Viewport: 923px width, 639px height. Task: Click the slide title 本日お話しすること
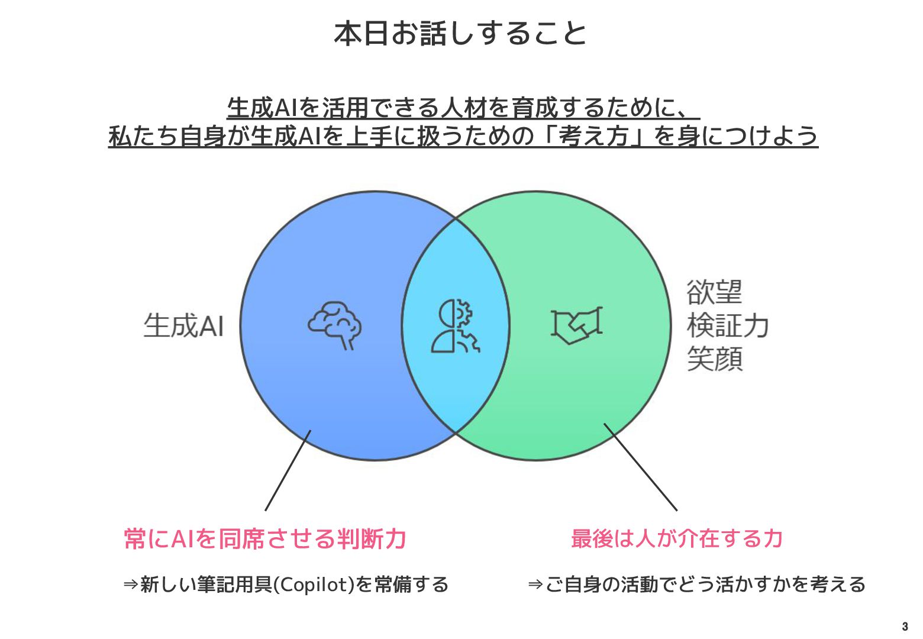tap(460, 34)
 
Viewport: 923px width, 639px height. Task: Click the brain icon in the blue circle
tap(335, 325)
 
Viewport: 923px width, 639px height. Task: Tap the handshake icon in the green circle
tap(576, 325)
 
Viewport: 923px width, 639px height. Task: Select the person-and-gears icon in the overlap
tap(455, 326)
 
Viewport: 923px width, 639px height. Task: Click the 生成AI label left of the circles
tap(183, 325)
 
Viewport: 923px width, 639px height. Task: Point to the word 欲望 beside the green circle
tap(714, 292)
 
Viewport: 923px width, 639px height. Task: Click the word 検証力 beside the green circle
tap(728, 325)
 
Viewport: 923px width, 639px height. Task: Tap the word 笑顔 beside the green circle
tap(714, 359)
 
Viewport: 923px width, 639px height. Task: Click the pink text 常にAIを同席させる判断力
tap(265, 539)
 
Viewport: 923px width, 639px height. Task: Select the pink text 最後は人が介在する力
tap(677, 538)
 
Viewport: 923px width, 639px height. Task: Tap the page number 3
tap(905, 627)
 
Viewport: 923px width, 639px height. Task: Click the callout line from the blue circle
tap(288, 470)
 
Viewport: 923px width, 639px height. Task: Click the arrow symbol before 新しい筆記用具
tap(131, 585)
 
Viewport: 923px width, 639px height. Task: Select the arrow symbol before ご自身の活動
tap(535, 585)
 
